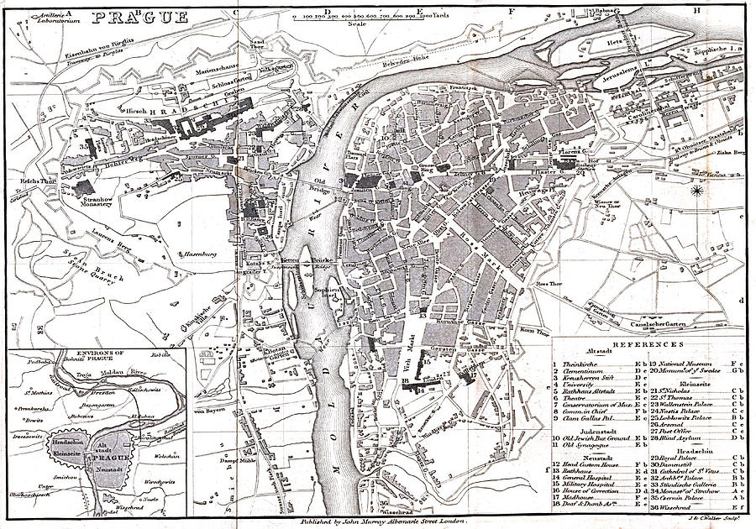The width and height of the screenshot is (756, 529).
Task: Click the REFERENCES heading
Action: tap(648, 345)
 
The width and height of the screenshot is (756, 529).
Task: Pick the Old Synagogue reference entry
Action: tap(585, 444)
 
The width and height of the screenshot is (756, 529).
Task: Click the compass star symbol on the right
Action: tap(697, 191)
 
